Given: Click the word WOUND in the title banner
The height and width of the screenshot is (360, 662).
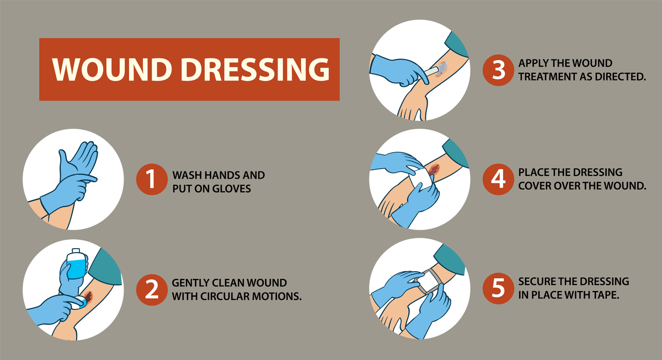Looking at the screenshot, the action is point(113,69).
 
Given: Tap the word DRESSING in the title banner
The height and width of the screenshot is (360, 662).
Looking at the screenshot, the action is point(255,69).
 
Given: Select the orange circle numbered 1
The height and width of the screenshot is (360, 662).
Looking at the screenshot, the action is point(152,179).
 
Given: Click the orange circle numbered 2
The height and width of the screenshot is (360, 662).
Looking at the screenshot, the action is point(152,290).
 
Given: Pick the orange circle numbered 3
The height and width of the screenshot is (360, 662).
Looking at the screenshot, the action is point(498,70).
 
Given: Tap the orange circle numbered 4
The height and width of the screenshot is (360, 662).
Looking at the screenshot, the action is point(498,179).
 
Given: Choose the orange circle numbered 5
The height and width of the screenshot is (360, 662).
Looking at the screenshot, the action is point(498,288).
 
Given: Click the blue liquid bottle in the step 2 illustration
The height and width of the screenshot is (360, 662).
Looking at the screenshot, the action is point(77,264).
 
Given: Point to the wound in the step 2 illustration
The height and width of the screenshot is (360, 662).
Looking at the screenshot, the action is point(88,296).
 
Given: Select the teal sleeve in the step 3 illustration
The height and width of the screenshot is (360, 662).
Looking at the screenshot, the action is point(457,45).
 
